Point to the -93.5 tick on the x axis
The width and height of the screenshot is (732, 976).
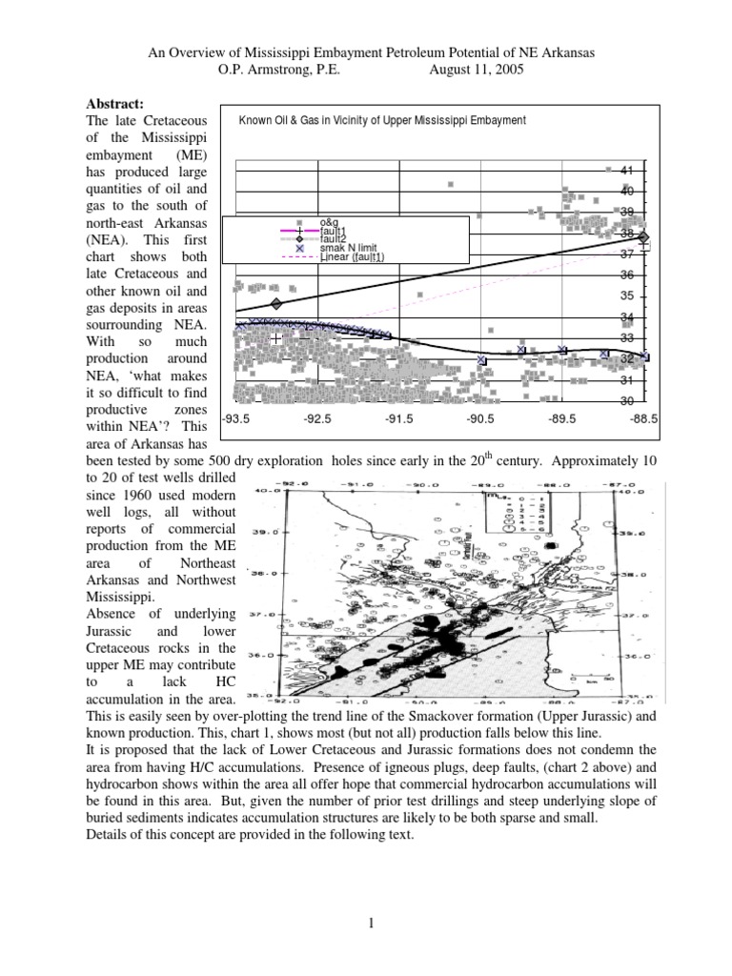[x=235, y=417]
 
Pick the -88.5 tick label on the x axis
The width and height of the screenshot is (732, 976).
[x=645, y=417]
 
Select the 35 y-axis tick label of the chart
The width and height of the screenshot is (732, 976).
[x=626, y=296]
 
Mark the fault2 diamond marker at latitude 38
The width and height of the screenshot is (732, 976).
[x=644, y=237]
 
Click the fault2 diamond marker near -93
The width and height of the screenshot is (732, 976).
[x=276, y=304]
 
